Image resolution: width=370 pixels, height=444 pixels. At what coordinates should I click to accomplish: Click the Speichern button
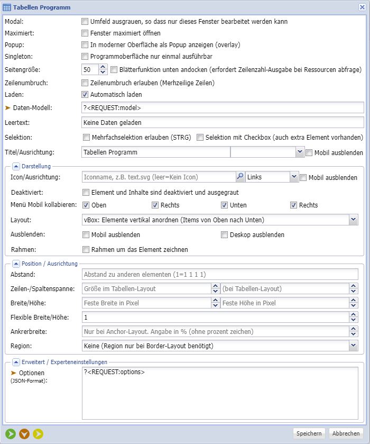point(309,433)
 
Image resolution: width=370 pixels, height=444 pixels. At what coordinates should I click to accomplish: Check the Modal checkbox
point(85,22)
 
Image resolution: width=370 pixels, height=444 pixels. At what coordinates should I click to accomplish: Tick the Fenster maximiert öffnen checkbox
point(85,33)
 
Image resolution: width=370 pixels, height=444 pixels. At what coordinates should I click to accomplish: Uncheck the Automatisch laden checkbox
point(85,95)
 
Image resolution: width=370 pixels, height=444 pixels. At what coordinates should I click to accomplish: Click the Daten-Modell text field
point(223,107)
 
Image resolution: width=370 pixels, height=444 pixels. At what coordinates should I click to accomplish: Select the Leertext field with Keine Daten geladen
point(223,122)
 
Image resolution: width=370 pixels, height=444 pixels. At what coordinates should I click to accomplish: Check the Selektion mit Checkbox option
point(200,138)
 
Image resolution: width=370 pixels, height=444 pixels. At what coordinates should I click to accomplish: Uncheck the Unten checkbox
point(225,205)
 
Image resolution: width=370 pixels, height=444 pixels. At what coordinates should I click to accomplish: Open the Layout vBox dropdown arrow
point(353,220)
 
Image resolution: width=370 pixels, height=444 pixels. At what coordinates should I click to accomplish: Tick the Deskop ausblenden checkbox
point(225,234)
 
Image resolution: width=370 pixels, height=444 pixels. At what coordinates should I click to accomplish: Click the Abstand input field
point(220,274)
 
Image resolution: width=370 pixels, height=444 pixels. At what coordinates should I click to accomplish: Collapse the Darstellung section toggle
point(15,166)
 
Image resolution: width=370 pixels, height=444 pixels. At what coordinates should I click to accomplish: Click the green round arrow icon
point(11,434)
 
